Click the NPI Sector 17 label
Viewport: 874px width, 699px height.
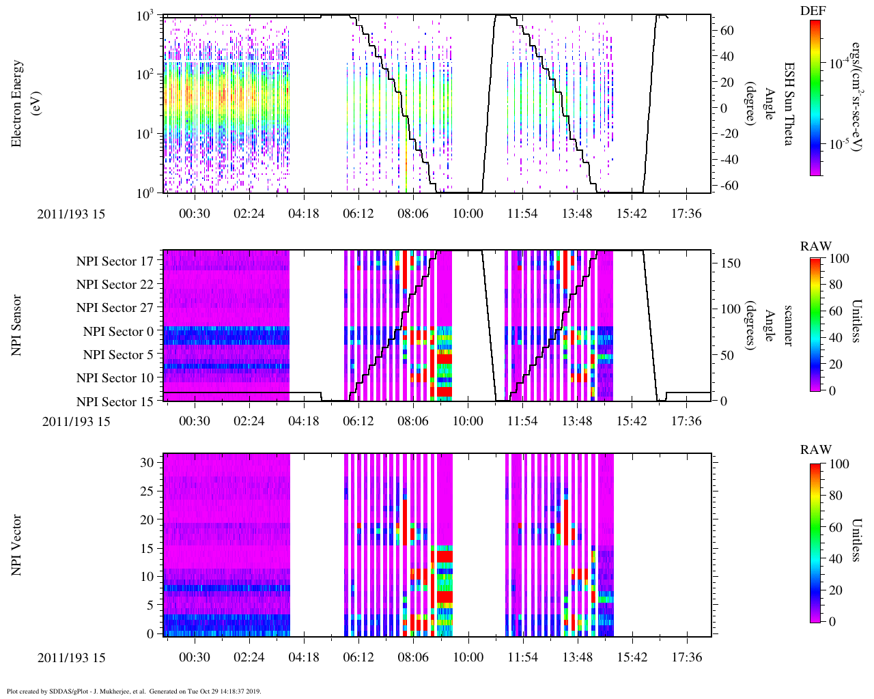pyautogui.click(x=115, y=261)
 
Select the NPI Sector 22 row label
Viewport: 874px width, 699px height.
pyautogui.click(x=115, y=285)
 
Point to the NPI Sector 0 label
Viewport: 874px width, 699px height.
pyautogui.click(x=118, y=332)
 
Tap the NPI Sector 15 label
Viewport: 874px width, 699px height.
pyautogui.click(x=115, y=402)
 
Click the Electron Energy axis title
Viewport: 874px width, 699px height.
pyautogui.click(x=18, y=104)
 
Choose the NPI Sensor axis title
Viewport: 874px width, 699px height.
pyautogui.click(x=18, y=325)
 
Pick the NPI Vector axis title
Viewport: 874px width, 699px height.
pyautogui.click(x=18, y=545)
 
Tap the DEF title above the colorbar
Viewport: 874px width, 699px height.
pyautogui.click(x=815, y=10)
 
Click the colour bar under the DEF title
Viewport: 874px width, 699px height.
pyautogui.click(x=815, y=98)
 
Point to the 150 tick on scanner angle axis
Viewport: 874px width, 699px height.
pyautogui.click(x=731, y=263)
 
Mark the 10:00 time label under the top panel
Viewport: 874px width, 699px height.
pyautogui.click(x=468, y=214)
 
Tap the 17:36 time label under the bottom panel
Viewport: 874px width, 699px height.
pyautogui.click(x=686, y=657)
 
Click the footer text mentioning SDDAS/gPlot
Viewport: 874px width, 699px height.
pyautogui.click(x=134, y=691)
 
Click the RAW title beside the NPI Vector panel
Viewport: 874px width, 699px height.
pyautogui.click(x=815, y=449)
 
